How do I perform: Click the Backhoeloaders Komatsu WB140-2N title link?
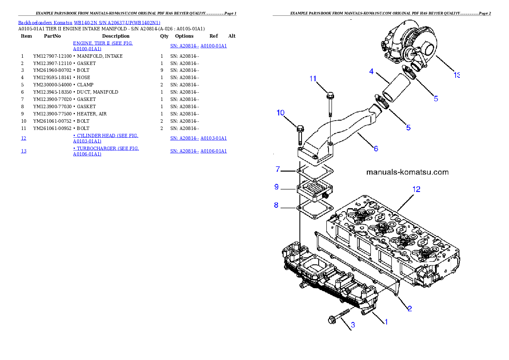pos(89,23)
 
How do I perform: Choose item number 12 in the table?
pos(24,138)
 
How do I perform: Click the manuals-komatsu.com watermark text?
pos(408,172)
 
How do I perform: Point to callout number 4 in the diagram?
pos(372,71)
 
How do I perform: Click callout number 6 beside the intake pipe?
pos(376,149)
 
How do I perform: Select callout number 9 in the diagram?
pos(276,187)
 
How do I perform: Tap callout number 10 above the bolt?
pos(281,113)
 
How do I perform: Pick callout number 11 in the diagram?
pos(313,79)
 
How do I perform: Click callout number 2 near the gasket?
pos(409,308)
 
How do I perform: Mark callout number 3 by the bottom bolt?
pos(353,325)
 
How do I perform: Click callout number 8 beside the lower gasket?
pos(276,205)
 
